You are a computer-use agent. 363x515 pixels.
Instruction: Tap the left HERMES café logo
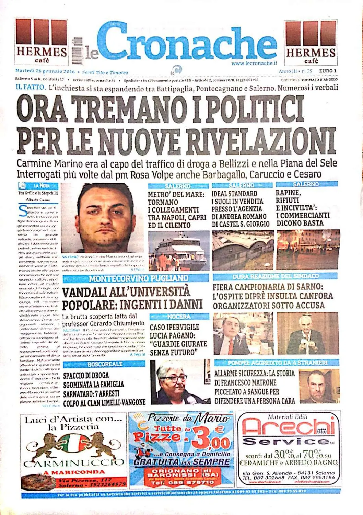point(41,41)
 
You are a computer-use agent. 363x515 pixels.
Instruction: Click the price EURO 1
point(328,71)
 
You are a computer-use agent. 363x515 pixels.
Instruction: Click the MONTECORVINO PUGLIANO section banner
point(138,278)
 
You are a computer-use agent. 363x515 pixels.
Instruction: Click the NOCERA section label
point(179,317)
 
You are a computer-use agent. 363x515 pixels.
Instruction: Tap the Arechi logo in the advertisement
point(288,427)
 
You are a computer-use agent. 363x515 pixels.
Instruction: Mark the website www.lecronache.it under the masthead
point(254,63)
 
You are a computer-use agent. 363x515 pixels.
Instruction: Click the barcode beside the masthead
point(78,51)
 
